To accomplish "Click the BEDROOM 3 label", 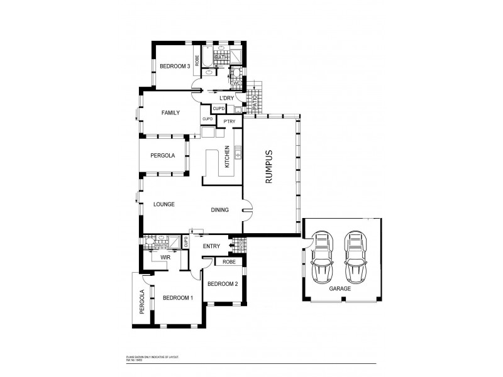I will tap(175, 66).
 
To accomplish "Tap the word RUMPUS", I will tap(268, 167).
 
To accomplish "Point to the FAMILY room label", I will tap(170, 113).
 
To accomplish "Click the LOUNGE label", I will tap(163, 204).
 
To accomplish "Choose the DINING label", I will tap(219, 210).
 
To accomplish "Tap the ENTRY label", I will tap(211, 246).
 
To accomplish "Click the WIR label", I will tap(166, 258).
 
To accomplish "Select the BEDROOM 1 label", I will tap(178, 298).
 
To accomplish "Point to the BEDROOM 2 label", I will tap(223, 283).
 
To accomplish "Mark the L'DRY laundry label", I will tap(226, 99).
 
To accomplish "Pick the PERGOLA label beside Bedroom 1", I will tap(143, 301).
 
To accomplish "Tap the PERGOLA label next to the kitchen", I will tap(162, 156).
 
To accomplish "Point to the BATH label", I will tap(221, 58).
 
